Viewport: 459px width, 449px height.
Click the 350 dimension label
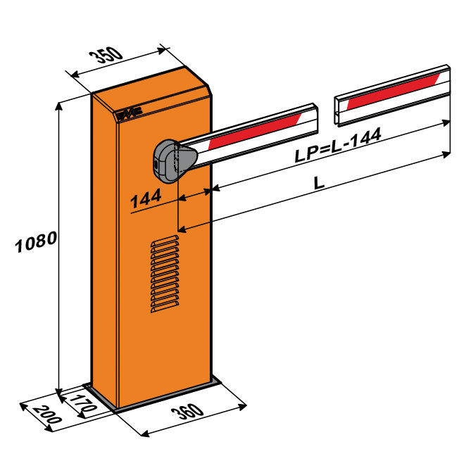click(106, 55)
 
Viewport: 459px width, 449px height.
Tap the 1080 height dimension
click(36, 241)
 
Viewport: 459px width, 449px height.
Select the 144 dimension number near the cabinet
click(146, 198)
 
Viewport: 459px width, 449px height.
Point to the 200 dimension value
click(47, 415)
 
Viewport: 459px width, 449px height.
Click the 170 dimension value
click(84, 403)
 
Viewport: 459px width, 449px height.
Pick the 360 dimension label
click(187, 412)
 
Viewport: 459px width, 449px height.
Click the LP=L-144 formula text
click(338, 145)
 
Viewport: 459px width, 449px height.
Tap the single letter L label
click(319, 183)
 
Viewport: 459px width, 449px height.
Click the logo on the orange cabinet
click(130, 114)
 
